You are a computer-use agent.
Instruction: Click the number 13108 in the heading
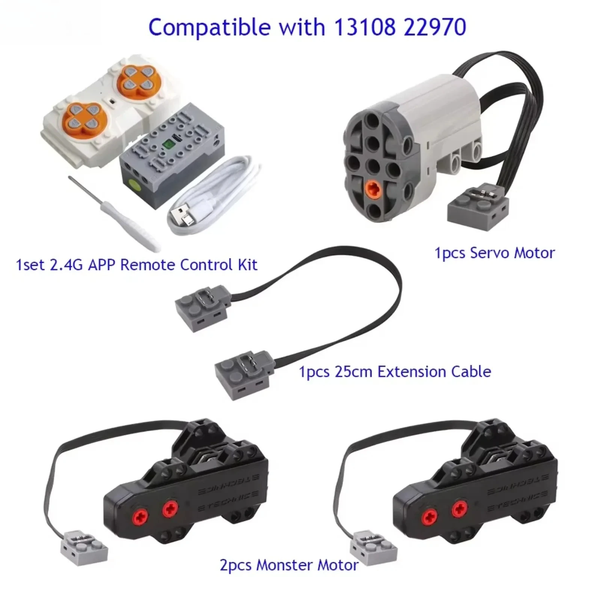(x=364, y=27)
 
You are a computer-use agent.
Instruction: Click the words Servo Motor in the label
(x=512, y=253)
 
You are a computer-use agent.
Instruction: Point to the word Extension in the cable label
(x=412, y=372)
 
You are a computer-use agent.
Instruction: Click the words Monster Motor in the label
(x=307, y=565)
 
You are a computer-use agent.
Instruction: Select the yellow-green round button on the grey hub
(x=134, y=184)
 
